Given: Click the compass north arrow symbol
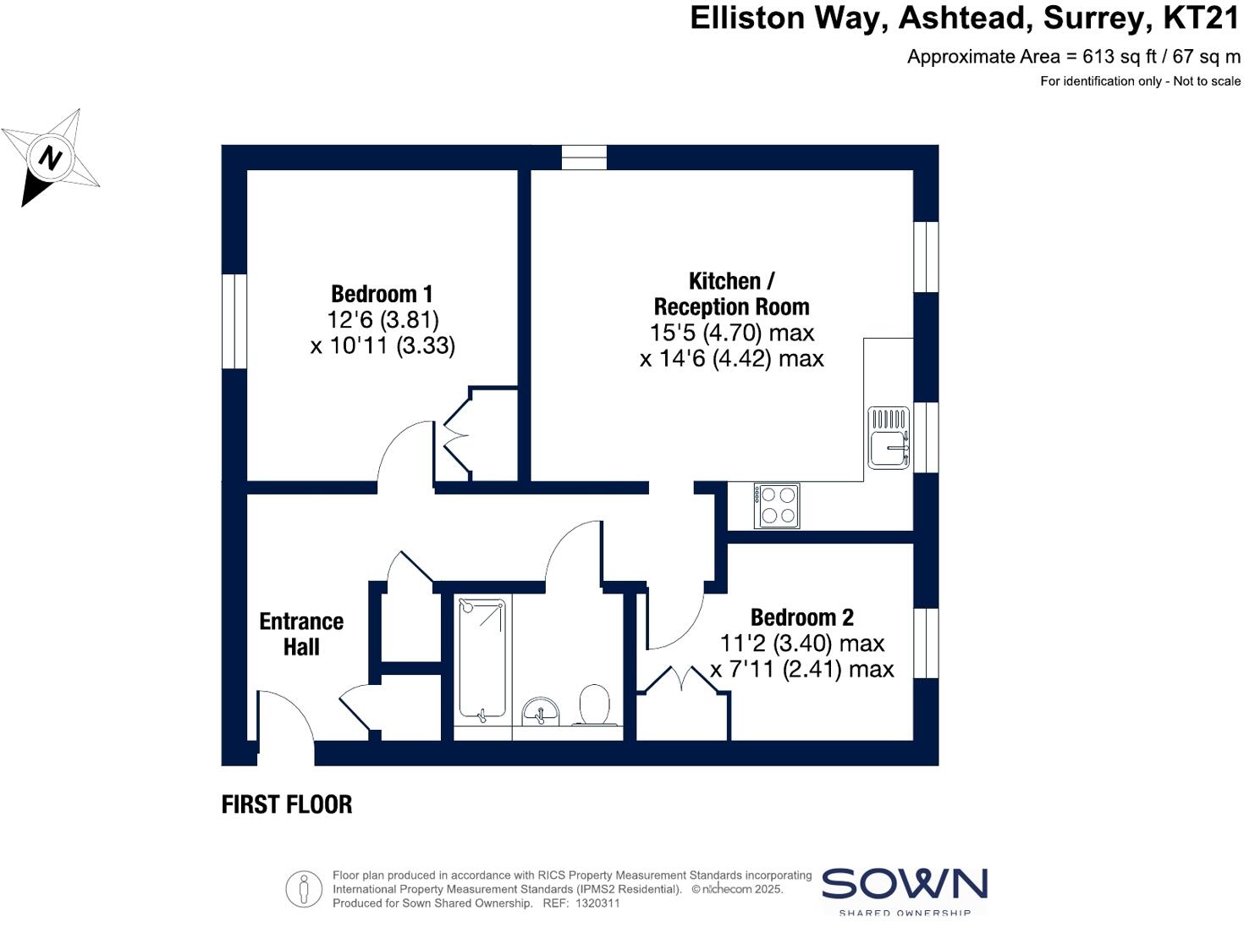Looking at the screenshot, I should [51, 157].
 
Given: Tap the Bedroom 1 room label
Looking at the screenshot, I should [382, 294].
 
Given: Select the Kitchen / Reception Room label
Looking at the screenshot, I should [731, 293].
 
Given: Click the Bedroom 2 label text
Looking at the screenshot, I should [801, 616].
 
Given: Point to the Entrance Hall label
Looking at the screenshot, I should [301, 633].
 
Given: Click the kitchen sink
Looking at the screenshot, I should [888, 437].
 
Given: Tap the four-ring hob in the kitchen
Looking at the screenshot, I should [777, 505].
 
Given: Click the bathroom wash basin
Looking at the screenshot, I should [540, 711].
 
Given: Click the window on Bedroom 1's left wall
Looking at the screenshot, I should [234, 321].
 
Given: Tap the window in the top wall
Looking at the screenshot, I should [584, 157].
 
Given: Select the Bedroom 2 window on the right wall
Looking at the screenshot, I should [926, 643].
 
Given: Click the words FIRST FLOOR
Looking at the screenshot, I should [287, 804].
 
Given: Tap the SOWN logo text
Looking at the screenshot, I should [904, 884].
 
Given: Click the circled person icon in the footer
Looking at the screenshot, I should [304, 889].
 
